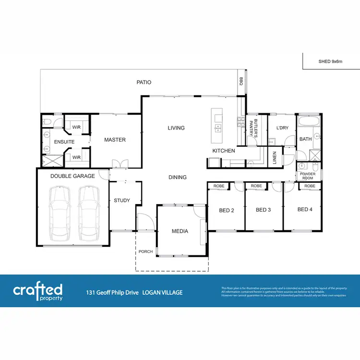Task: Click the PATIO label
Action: (144, 82)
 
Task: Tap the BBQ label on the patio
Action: (241, 82)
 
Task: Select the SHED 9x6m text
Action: (330, 61)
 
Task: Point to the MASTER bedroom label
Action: (115, 140)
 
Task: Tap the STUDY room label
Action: (122, 200)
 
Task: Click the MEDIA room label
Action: (180, 231)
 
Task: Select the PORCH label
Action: (145, 252)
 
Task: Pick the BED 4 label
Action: (305, 209)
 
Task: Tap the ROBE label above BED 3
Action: (256, 186)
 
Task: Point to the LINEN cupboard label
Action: (275, 157)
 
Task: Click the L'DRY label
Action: (282, 128)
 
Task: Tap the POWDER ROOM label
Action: (308, 176)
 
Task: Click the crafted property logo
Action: (37, 291)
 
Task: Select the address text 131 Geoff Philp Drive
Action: (113, 292)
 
